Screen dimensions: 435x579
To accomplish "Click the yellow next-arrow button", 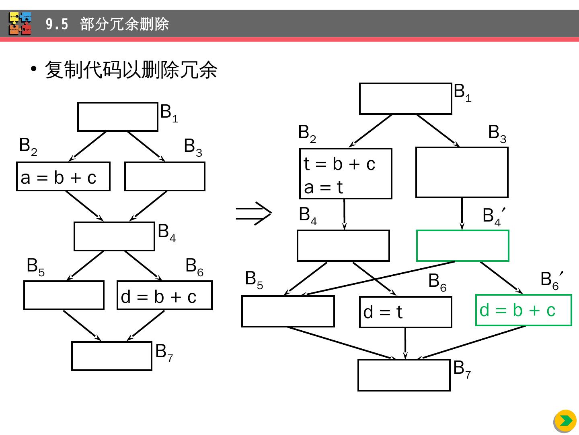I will coord(565,421).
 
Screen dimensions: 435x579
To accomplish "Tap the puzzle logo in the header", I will coord(20,24).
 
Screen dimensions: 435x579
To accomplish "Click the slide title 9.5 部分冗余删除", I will coord(107,25).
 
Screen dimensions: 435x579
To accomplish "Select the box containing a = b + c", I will coord(63,176).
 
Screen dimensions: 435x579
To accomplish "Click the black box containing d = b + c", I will coord(164,295).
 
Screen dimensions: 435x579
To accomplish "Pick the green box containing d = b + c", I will coord(524,310).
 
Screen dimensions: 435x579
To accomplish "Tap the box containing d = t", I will coord(405,312).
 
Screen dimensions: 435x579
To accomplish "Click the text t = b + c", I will coord(339,164).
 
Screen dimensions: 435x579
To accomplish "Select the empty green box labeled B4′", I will coord(462,246).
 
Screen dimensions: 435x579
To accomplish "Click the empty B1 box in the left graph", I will coord(117,117).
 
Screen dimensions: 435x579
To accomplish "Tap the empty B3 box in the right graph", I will coord(462,172).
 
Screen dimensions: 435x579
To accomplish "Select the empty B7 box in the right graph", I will coord(404,375).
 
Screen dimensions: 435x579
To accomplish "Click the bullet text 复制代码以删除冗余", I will coord(131,70).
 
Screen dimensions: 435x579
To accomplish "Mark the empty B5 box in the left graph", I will coord(64,295).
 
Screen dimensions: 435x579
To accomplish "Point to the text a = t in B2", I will coord(323,187).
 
